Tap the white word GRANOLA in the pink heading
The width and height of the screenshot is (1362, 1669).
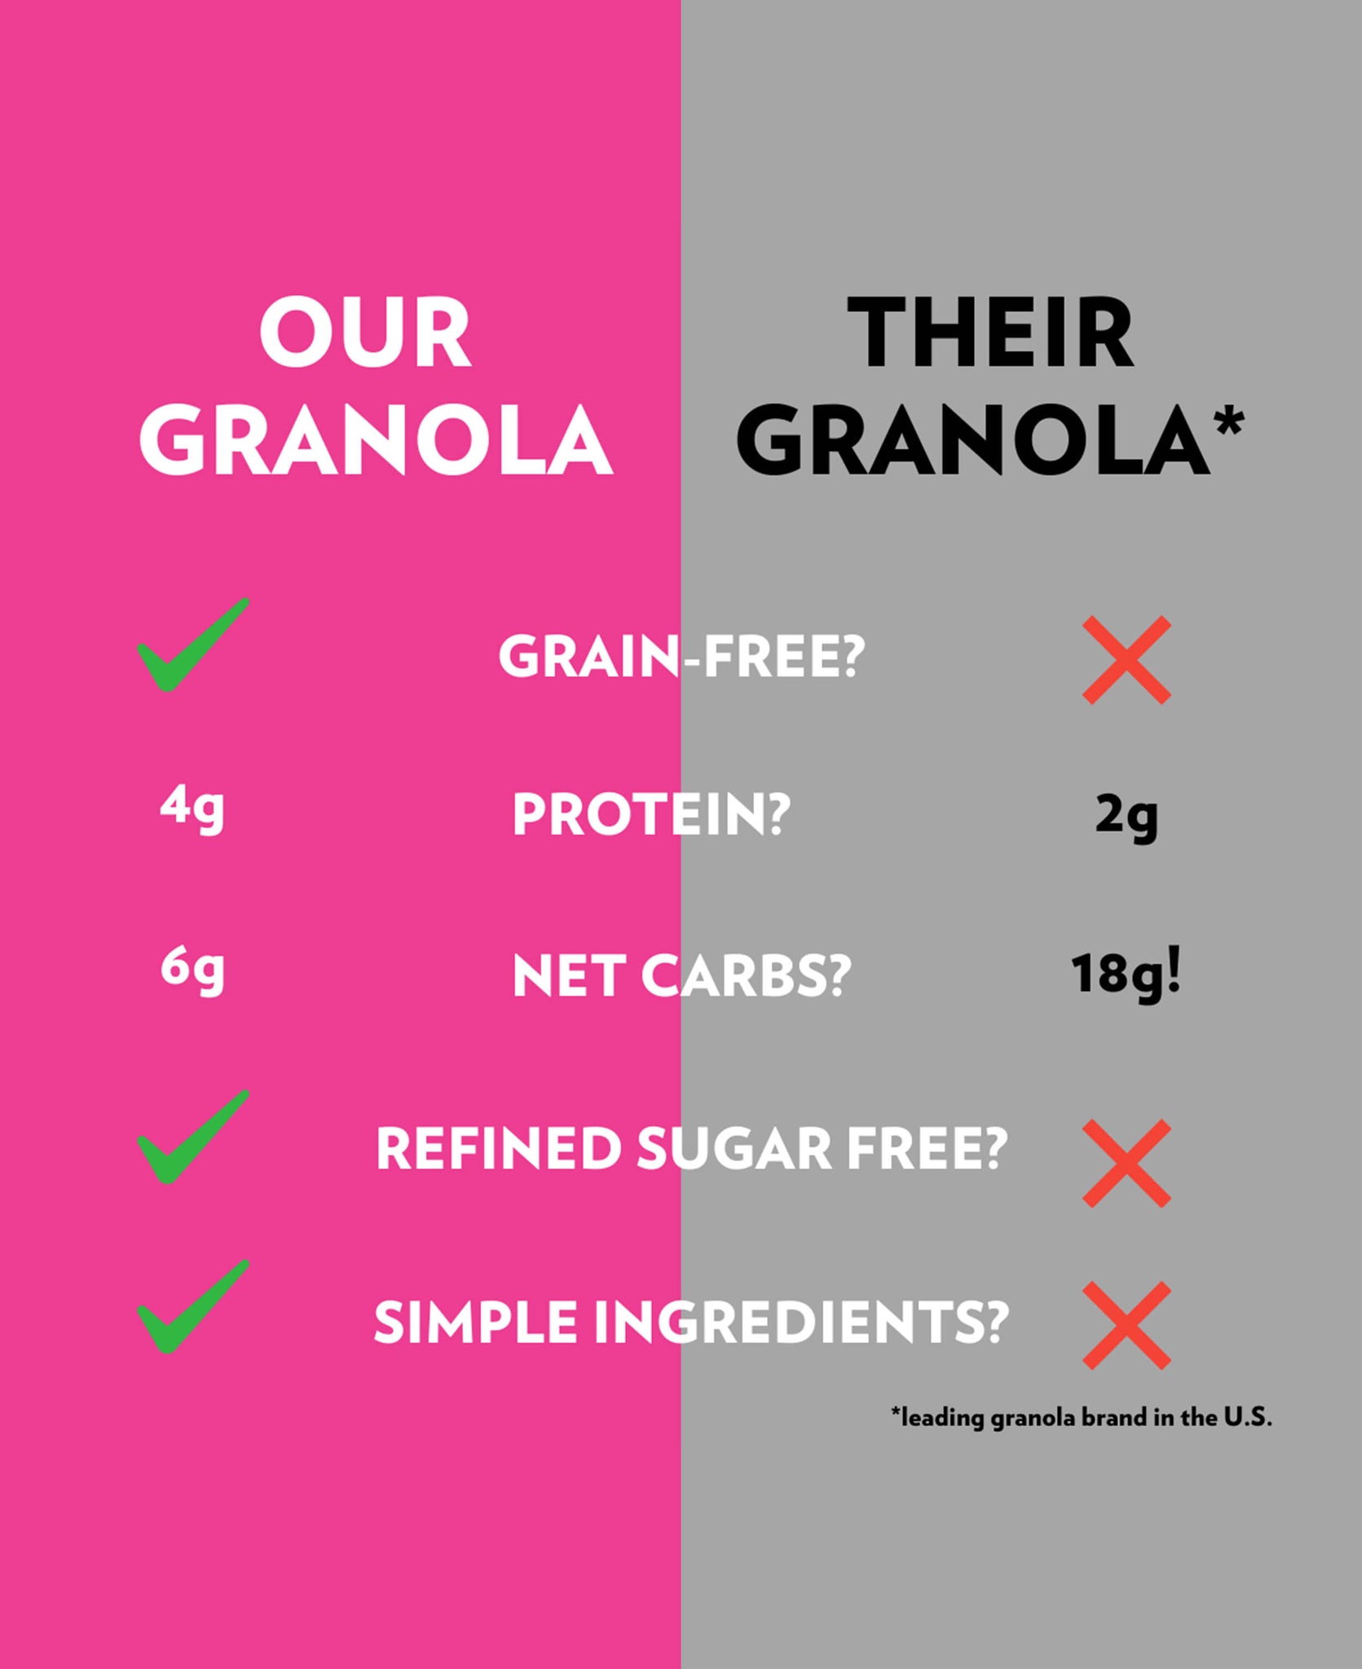tap(376, 440)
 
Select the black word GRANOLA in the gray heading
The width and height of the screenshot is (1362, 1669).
tap(973, 440)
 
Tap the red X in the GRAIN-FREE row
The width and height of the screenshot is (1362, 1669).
tap(1126, 660)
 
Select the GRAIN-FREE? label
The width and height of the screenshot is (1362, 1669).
tap(681, 657)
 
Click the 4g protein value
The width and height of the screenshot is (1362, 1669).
tap(192, 809)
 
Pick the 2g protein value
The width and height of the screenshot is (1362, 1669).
tap(1126, 817)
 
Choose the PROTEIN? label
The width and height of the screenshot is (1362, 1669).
tap(651, 815)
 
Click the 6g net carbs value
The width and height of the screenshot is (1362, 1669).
tap(192, 971)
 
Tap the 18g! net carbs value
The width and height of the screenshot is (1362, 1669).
tap(1126, 975)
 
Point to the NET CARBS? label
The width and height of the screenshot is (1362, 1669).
tap(681, 975)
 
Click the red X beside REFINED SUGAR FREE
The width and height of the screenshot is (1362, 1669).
tap(1126, 1164)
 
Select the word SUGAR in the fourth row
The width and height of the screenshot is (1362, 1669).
tap(734, 1148)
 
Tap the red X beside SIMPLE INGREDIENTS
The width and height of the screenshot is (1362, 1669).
tap(1126, 1326)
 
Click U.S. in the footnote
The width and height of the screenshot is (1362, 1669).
tap(1248, 1417)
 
